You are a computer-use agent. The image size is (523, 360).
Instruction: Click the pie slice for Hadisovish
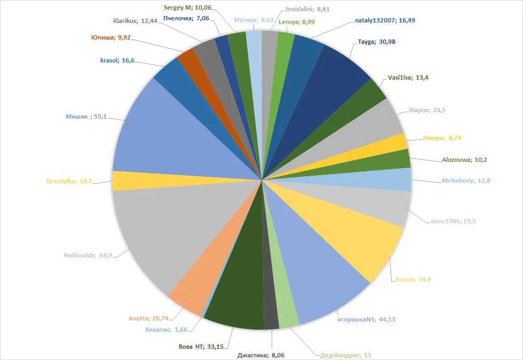tap(160, 235)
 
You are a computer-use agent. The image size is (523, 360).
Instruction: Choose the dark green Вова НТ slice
tap(235, 299)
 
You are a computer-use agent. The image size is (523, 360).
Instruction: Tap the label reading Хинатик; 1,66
tap(165, 330)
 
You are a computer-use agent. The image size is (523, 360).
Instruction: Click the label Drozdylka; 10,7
tap(69, 181)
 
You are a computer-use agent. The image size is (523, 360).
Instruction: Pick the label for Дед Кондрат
tap(346, 355)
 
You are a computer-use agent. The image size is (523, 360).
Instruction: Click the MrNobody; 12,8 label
tap(466, 181)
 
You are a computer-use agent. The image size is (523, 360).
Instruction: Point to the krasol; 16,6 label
tap(117, 60)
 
